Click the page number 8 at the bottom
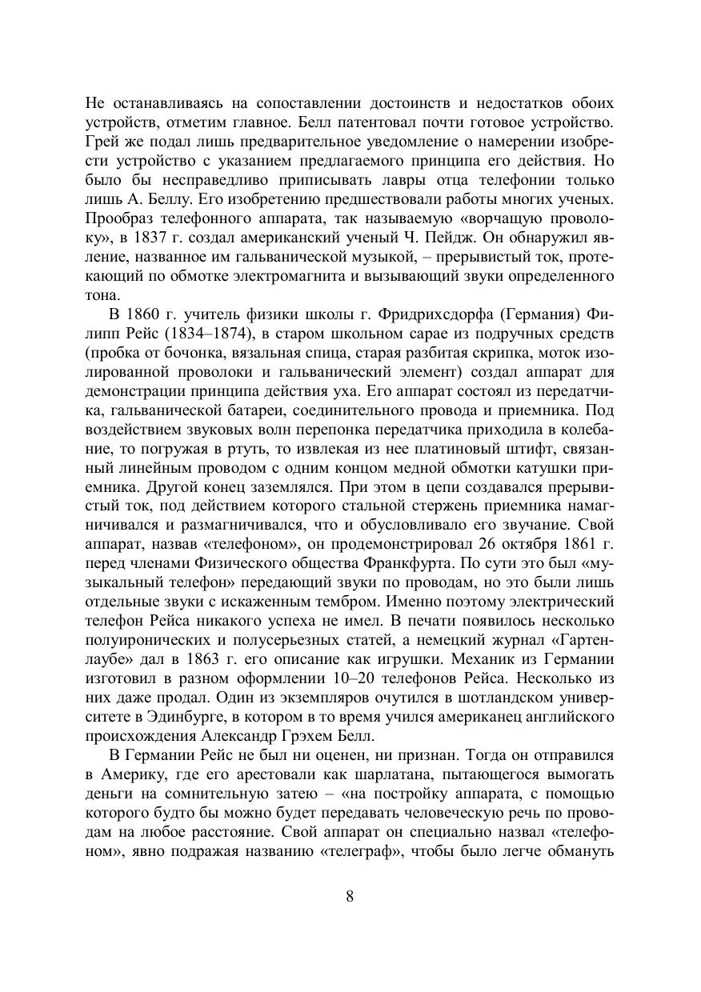pyautogui.click(x=350, y=896)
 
